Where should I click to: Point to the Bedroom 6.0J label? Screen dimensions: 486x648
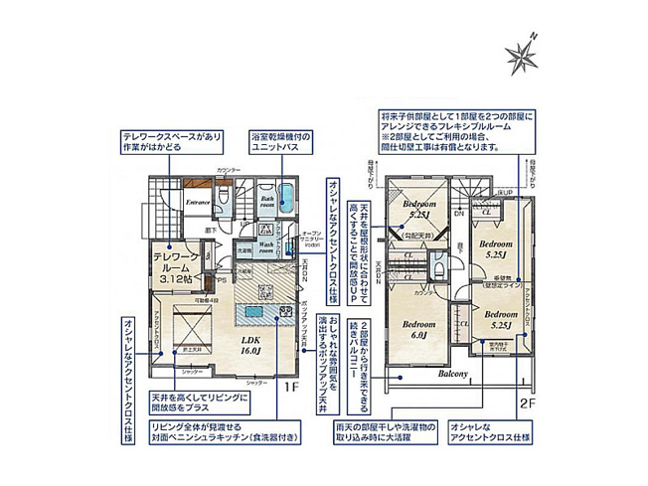417,330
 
